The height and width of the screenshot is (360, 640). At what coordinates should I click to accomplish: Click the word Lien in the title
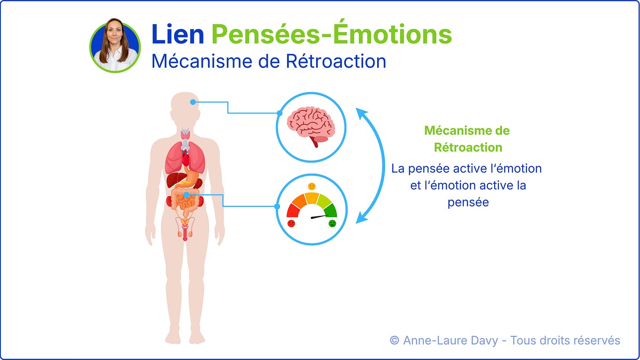click(x=178, y=34)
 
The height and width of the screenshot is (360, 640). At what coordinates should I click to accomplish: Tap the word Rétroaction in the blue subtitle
click(x=336, y=61)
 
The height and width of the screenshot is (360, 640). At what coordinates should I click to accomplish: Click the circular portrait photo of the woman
click(x=115, y=46)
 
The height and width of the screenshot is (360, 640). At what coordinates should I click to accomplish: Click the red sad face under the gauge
click(x=291, y=223)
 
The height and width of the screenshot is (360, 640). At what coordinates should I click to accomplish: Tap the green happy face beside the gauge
click(x=332, y=223)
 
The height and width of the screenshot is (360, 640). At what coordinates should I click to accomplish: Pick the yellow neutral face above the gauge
click(x=312, y=186)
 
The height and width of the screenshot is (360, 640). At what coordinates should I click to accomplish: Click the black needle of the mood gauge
click(x=320, y=217)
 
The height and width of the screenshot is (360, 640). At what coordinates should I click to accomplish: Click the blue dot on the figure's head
click(x=193, y=102)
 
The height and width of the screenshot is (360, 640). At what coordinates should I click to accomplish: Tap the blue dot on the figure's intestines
click(x=186, y=195)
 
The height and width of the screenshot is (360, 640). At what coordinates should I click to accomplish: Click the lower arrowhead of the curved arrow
click(x=361, y=218)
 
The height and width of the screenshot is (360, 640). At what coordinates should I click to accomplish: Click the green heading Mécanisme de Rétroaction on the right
click(x=467, y=139)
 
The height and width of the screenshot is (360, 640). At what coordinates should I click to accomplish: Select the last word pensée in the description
click(x=468, y=202)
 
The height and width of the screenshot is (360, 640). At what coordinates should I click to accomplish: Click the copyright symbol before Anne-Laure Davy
click(x=394, y=340)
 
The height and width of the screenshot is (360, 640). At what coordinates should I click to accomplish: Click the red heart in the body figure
click(x=185, y=159)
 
